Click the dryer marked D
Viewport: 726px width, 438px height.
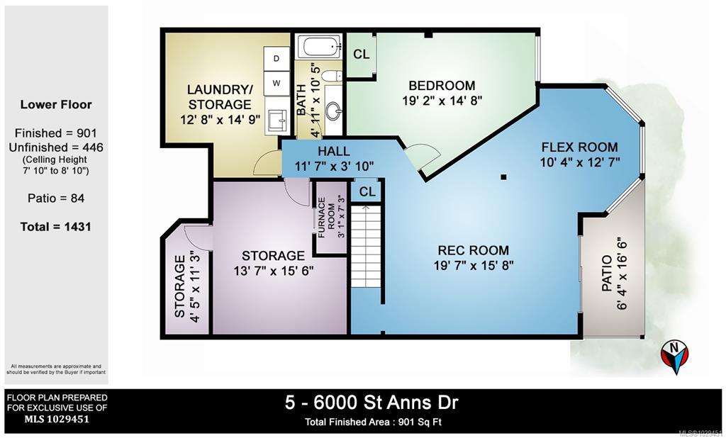pos(277,58)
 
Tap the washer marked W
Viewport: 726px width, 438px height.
pos(277,84)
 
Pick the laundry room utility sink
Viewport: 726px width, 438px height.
pos(277,122)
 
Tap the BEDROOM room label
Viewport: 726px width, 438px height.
pos(442,86)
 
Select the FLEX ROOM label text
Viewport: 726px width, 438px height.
pos(580,147)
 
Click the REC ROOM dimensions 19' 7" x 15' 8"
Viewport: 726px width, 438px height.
pos(474,265)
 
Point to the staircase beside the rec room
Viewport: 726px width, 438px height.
pos(366,247)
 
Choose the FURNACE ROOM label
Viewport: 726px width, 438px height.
pos(326,218)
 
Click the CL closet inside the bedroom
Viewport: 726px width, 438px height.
pos(361,55)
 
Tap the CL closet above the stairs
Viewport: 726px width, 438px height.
pos(367,191)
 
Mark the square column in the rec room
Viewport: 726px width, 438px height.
pos(503,177)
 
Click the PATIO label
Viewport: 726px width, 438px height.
pos(606,280)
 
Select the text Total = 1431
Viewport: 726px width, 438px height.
pos(55,227)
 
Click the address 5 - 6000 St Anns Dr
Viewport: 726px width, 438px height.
pos(372,403)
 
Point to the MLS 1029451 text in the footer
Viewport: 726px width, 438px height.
pos(57,420)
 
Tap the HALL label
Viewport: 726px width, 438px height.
pos(334,152)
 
